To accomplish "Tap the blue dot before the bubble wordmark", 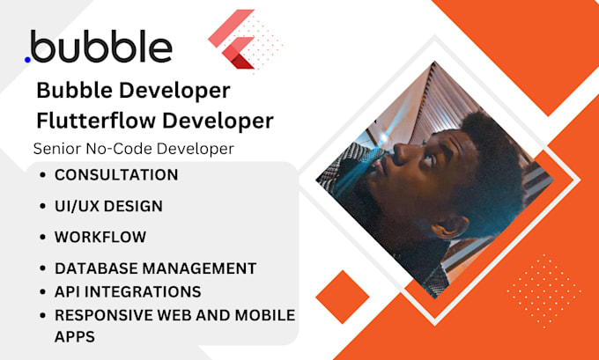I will pyautogui.click(x=28, y=59).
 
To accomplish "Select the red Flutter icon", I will pyautogui.click(x=233, y=40).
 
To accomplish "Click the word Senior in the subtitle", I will pyautogui.click(x=55, y=149).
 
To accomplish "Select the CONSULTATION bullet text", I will pyautogui.click(x=116, y=174).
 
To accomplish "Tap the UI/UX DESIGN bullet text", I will pyautogui.click(x=108, y=206).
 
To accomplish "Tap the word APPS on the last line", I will pyautogui.click(x=75, y=335).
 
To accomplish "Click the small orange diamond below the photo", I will pyautogui.click(x=342, y=298).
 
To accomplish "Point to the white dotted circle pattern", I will pyautogui.click(x=544, y=291).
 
